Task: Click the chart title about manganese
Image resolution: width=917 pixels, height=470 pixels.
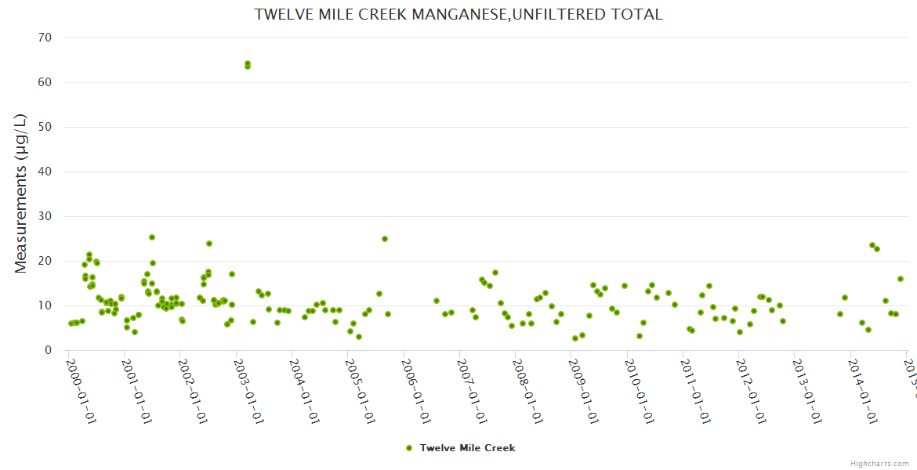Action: [x=458, y=14]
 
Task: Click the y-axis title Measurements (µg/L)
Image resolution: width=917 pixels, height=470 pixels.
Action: [x=21, y=193]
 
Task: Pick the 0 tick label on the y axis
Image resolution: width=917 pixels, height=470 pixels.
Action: [x=48, y=350]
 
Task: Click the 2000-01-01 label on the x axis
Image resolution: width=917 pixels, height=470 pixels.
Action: [x=80, y=391]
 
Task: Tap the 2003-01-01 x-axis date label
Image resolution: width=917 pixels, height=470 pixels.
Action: [x=248, y=391]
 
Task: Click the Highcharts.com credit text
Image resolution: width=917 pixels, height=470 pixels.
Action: [x=880, y=463]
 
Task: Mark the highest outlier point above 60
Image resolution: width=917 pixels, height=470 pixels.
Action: [x=248, y=63]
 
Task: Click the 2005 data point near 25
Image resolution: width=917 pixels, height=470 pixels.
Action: [x=385, y=239]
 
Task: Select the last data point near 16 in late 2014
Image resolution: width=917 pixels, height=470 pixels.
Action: [x=901, y=279]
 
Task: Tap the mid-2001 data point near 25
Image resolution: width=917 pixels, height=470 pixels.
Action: [x=152, y=237]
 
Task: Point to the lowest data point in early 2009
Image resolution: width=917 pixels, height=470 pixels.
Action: [x=575, y=338]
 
